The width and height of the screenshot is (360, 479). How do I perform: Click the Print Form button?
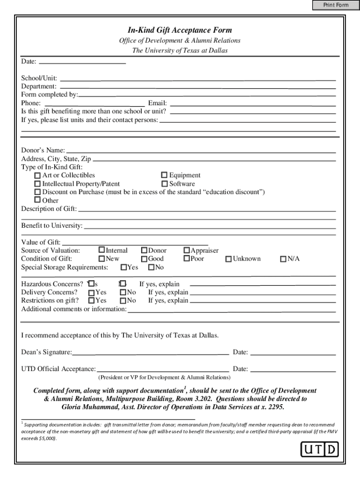point(336,5)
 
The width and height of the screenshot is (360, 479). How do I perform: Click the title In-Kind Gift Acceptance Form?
point(180,30)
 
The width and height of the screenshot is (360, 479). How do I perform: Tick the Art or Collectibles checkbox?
point(37,175)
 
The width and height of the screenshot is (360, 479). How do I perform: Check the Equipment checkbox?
point(165,175)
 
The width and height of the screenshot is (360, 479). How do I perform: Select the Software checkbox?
point(165,184)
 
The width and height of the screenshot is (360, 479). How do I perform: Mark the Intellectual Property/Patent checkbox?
point(37,184)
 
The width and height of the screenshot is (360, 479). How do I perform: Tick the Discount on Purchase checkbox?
point(37,192)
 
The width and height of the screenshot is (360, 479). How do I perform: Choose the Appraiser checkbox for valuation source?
point(187,251)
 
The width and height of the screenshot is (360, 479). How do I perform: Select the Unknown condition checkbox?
point(229,259)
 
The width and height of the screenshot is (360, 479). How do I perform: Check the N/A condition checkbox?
point(283,259)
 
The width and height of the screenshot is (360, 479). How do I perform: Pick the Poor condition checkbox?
point(187,259)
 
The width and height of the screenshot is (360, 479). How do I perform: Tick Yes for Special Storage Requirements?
point(124,268)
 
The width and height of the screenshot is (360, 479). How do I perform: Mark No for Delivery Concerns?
point(123,292)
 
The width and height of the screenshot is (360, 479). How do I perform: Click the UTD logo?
point(319,450)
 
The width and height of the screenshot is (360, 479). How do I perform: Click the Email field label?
point(157,103)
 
